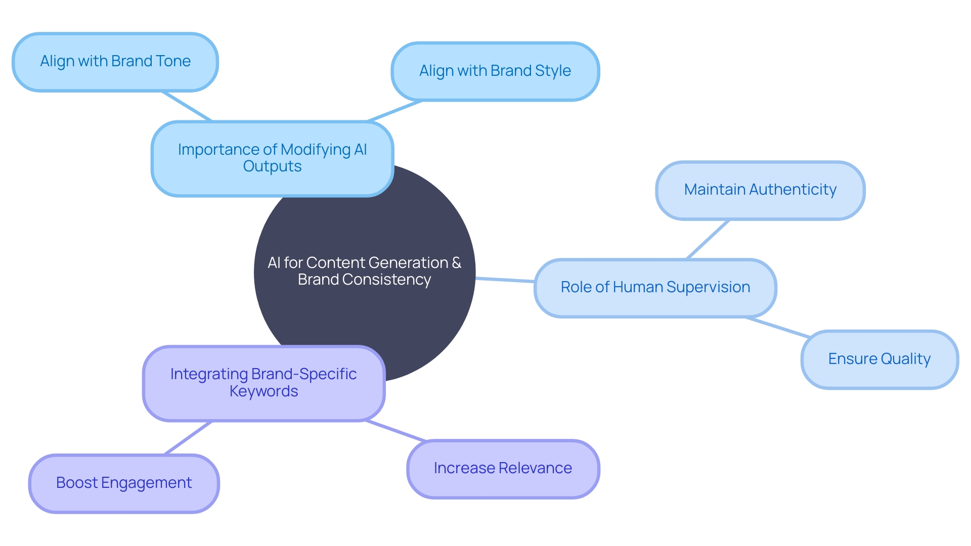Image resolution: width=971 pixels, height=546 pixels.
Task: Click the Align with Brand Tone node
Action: point(115,62)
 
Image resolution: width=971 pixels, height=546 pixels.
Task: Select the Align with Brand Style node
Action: point(495,71)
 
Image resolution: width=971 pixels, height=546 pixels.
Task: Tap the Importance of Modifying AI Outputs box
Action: point(272,158)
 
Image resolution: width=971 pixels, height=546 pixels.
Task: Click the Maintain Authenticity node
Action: point(760,190)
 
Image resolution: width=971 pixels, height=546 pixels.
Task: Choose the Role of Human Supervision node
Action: point(655,288)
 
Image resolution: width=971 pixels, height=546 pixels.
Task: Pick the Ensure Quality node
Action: point(879,359)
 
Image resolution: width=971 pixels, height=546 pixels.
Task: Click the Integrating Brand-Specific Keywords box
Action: point(263,383)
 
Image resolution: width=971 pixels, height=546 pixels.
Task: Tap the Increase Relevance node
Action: point(503,469)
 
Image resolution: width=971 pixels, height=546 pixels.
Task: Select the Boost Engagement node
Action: point(124,483)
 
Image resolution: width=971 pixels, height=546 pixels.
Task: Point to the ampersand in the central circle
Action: point(456,262)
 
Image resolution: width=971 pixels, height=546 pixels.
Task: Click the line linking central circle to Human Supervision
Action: point(505,280)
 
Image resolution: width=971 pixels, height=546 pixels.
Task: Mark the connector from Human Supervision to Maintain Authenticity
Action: point(708,240)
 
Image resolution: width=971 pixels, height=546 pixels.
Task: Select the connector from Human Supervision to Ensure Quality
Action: point(778,327)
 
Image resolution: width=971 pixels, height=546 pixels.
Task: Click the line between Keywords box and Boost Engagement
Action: point(188,438)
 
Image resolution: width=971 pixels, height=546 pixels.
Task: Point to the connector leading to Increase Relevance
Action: point(395,431)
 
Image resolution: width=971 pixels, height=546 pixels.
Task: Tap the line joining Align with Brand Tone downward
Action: point(187,106)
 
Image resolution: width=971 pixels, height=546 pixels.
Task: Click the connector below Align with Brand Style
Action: point(394,111)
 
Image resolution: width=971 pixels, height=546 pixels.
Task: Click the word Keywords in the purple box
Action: point(263,391)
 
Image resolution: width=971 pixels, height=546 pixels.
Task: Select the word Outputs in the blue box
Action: point(272,166)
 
